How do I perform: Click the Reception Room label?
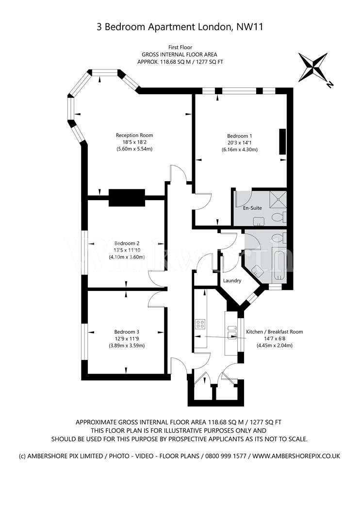tap(134, 136)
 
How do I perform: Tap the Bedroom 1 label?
tap(240, 136)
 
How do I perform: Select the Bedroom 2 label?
tap(127, 243)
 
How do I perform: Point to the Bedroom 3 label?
tap(127, 332)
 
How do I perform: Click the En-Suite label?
tap(252, 208)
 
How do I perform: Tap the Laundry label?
tap(232, 280)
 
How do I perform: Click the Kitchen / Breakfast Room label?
tap(275, 332)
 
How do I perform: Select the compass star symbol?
tap(313, 68)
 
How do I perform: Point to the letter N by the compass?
tap(330, 85)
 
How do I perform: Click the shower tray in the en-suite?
tap(278, 199)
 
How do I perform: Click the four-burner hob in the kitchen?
tap(200, 324)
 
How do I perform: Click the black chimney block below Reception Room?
tap(127, 197)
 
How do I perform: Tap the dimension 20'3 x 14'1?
tap(240, 142)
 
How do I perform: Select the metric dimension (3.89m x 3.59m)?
tap(127, 346)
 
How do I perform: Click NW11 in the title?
tap(249, 27)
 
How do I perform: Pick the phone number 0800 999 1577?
tap(224, 456)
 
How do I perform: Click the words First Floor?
tap(180, 48)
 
